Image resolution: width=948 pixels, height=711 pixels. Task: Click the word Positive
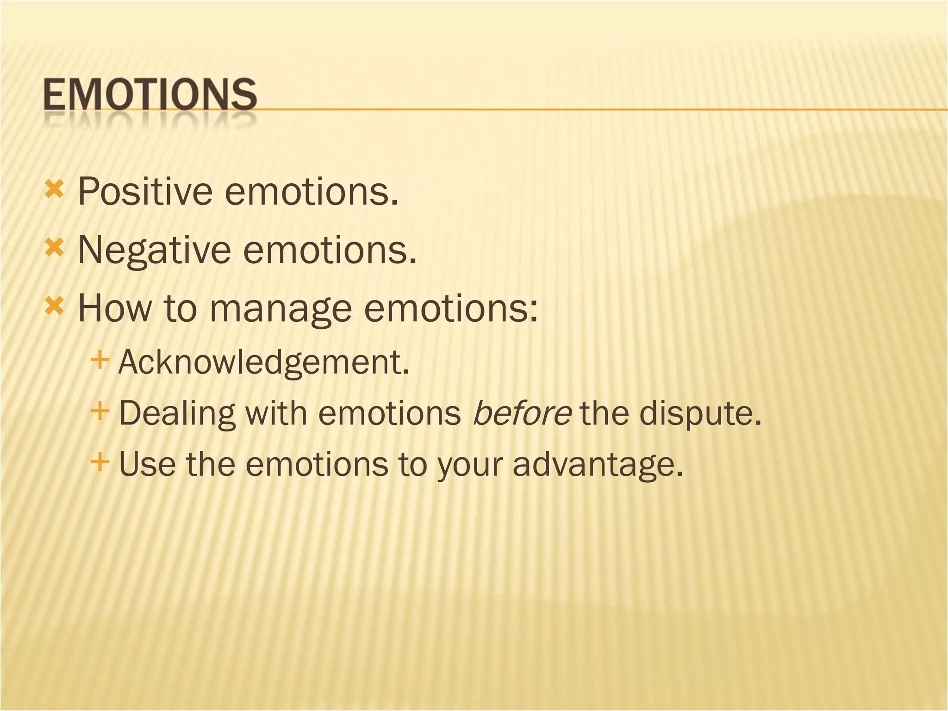145,191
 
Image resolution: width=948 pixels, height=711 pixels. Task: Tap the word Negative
154,250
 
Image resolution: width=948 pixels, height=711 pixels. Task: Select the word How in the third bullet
115,308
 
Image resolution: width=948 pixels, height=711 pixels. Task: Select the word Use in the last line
147,464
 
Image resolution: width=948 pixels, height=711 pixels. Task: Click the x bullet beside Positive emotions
54,189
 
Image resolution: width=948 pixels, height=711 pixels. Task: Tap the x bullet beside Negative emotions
54,248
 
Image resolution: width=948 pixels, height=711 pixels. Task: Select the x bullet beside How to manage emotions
54,306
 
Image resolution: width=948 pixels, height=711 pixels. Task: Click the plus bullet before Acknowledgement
100,360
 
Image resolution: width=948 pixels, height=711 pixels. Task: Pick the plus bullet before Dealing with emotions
100,411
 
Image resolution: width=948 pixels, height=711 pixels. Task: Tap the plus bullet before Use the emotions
100,461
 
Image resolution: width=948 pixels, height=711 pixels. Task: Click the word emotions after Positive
311,191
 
